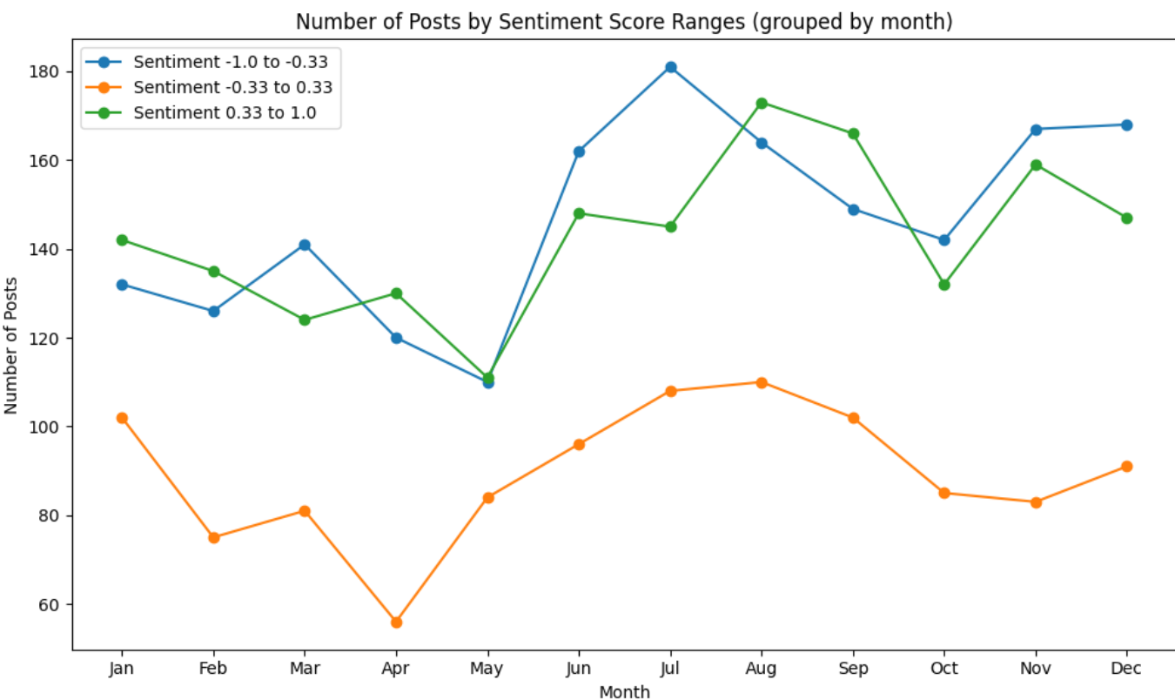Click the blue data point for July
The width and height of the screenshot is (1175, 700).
click(670, 67)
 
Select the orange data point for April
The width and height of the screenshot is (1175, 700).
click(396, 623)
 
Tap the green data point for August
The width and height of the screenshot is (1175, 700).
click(762, 103)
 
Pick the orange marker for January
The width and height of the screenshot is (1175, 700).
click(122, 418)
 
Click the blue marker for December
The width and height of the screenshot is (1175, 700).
click(1126, 125)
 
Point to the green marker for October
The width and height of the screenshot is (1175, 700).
click(944, 285)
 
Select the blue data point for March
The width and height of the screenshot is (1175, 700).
click(305, 245)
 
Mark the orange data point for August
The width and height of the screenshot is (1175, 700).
click(762, 382)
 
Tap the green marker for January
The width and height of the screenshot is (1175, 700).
click(122, 240)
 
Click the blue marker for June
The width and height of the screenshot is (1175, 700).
click(579, 151)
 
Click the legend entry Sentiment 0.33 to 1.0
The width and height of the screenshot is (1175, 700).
click(225, 112)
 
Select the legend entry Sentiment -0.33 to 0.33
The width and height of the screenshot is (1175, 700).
click(232, 87)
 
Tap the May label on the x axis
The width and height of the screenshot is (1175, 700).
click(487, 669)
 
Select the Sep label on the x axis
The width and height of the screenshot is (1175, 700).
click(853, 669)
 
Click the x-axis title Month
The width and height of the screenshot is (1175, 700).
click(624, 692)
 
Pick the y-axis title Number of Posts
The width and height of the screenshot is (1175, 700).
click(11, 345)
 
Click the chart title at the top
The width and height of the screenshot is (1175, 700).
click(624, 22)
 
